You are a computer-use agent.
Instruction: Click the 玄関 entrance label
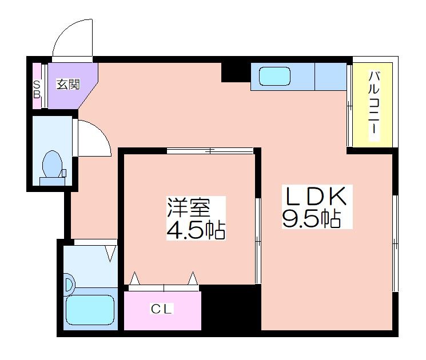(x=68, y=85)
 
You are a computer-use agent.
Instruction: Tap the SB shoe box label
(x=37, y=90)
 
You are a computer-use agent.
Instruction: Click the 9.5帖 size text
(x=312, y=218)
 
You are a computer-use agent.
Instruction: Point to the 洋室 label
(x=189, y=207)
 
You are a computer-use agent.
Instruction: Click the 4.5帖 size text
(x=196, y=230)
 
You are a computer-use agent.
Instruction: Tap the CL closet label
(x=162, y=309)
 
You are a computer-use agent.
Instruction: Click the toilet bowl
(x=53, y=164)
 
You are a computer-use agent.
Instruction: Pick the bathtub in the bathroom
(x=90, y=310)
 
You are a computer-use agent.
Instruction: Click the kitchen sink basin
(x=274, y=77)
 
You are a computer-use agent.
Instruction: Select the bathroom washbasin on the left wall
(x=69, y=285)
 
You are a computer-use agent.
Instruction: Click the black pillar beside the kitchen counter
(x=236, y=72)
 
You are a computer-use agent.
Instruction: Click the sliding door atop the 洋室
(x=210, y=150)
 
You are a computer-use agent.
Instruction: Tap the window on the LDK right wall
(x=395, y=243)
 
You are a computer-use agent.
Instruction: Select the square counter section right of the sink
(x=331, y=77)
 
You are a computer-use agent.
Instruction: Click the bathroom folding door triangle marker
(x=110, y=253)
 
